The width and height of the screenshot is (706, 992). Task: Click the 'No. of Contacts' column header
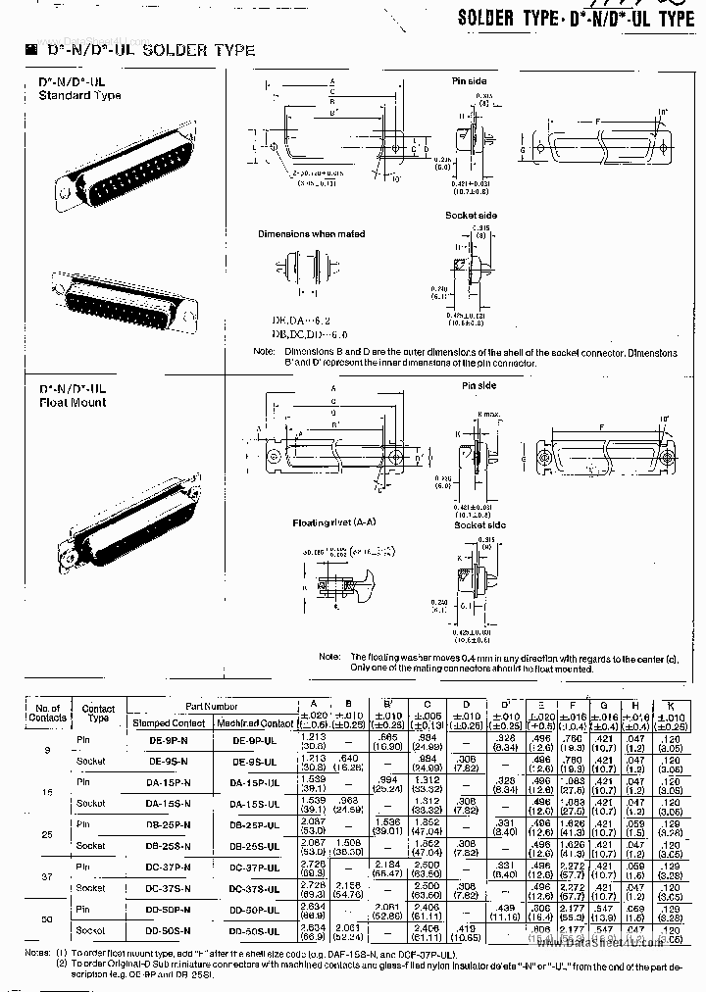[x=47, y=713]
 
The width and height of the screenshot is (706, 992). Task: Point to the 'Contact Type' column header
[x=98, y=713]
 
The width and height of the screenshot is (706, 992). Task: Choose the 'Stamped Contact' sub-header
[x=169, y=722]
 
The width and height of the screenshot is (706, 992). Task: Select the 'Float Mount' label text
[x=73, y=402]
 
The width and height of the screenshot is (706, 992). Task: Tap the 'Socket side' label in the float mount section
[x=479, y=525]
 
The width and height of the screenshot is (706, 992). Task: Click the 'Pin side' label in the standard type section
[x=469, y=82]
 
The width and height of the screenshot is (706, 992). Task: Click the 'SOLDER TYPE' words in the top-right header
[x=504, y=18]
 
